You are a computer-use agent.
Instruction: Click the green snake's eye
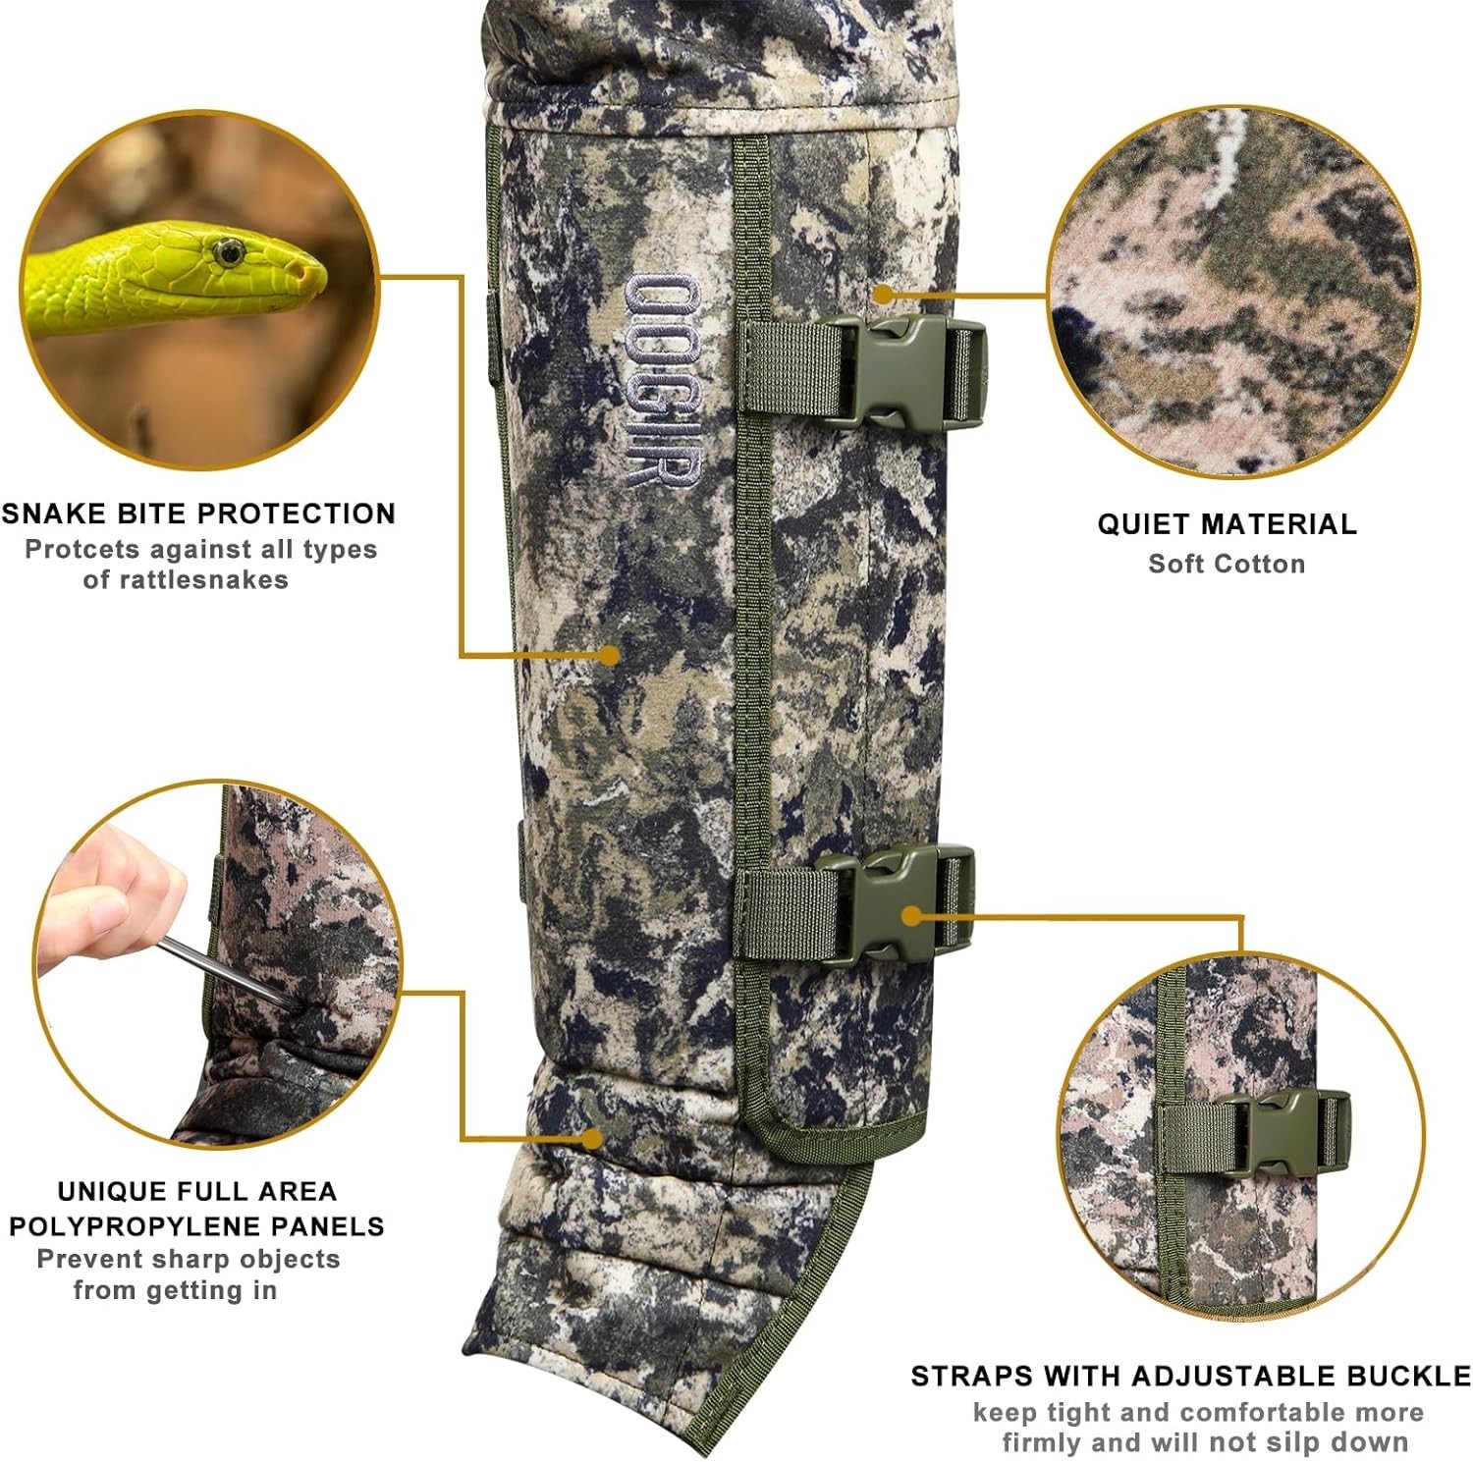pos(229,253)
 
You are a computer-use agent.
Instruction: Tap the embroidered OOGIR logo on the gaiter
pos(662,381)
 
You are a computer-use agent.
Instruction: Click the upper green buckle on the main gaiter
pos(901,370)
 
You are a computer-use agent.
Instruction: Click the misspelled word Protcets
pos(80,549)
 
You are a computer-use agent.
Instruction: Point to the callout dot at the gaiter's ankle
pos(592,1139)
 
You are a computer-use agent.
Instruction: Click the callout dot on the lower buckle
pos(912,917)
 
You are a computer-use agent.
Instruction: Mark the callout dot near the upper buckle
pos(883,294)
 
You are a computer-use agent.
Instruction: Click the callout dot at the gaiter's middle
pos(610,655)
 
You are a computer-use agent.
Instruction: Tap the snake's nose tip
pos(320,274)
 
